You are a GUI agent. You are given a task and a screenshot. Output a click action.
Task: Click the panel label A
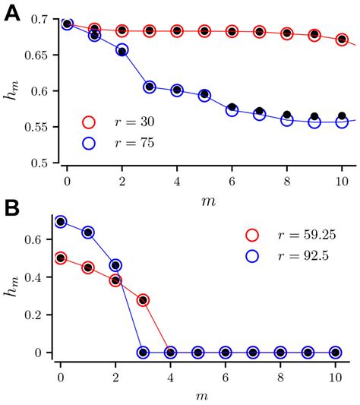tap(13, 13)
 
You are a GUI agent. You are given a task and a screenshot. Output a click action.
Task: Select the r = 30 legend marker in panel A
tap(90, 122)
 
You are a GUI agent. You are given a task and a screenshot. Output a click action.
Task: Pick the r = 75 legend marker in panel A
tap(90, 141)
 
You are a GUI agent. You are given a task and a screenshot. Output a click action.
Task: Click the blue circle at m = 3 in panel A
tap(150, 87)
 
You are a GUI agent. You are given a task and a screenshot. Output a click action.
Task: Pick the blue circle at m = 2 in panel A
tap(122, 50)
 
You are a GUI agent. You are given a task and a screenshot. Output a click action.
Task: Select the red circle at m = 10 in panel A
tap(342, 40)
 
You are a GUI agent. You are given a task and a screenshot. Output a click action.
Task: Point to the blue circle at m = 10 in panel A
tap(342, 121)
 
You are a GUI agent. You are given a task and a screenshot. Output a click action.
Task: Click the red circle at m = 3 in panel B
tap(143, 300)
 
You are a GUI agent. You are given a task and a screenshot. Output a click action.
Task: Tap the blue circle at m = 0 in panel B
tap(61, 221)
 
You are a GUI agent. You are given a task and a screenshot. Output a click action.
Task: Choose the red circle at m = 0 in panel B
tap(61, 258)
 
